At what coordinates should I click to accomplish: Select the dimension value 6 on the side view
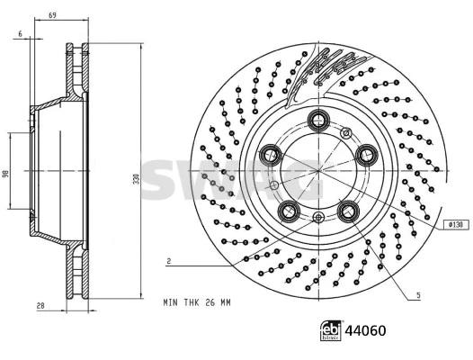click(19, 34)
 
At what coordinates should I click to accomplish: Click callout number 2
click(168, 260)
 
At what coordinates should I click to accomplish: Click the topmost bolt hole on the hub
click(317, 121)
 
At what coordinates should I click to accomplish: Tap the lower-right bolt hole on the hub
click(348, 211)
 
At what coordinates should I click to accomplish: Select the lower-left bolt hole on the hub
click(289, 211)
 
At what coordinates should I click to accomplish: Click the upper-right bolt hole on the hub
click(366, 155)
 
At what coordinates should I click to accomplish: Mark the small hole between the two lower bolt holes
click(318, 219)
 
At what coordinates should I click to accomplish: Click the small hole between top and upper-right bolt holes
click(347, 133)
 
